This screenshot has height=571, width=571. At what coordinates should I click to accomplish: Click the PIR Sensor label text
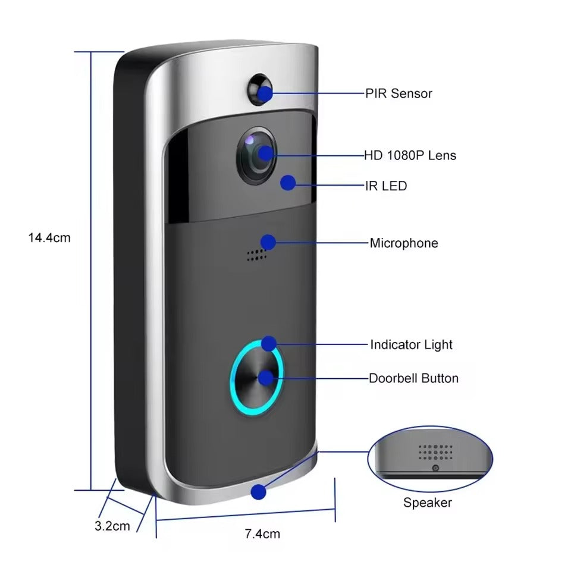[399, 93]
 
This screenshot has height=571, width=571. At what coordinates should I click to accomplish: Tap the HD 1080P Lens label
[410, 156]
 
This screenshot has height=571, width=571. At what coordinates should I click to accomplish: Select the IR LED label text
[386, 186]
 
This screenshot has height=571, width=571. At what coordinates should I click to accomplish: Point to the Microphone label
[404, 243]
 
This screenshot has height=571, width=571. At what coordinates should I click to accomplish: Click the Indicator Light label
[411, 345]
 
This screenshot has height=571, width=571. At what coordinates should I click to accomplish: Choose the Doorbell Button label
[413, 378]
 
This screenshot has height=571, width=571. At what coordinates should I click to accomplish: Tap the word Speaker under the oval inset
[427, 503]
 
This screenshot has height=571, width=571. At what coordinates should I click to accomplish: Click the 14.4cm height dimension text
[49, 238]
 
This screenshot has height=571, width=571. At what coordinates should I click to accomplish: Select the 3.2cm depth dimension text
[112, 526]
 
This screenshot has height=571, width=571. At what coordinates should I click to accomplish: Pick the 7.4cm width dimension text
[262, 534]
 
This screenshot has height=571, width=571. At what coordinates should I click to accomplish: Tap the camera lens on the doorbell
[257, 154]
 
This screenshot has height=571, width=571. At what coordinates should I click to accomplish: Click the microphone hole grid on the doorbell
[256, 255]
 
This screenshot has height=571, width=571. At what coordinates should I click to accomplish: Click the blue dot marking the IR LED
[288, 183]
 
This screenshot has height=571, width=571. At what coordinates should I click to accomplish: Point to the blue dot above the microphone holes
[268, 242]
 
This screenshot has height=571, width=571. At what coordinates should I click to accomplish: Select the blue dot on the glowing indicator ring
[269, 343]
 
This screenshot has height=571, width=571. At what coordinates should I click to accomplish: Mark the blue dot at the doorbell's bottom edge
[258, 492]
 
